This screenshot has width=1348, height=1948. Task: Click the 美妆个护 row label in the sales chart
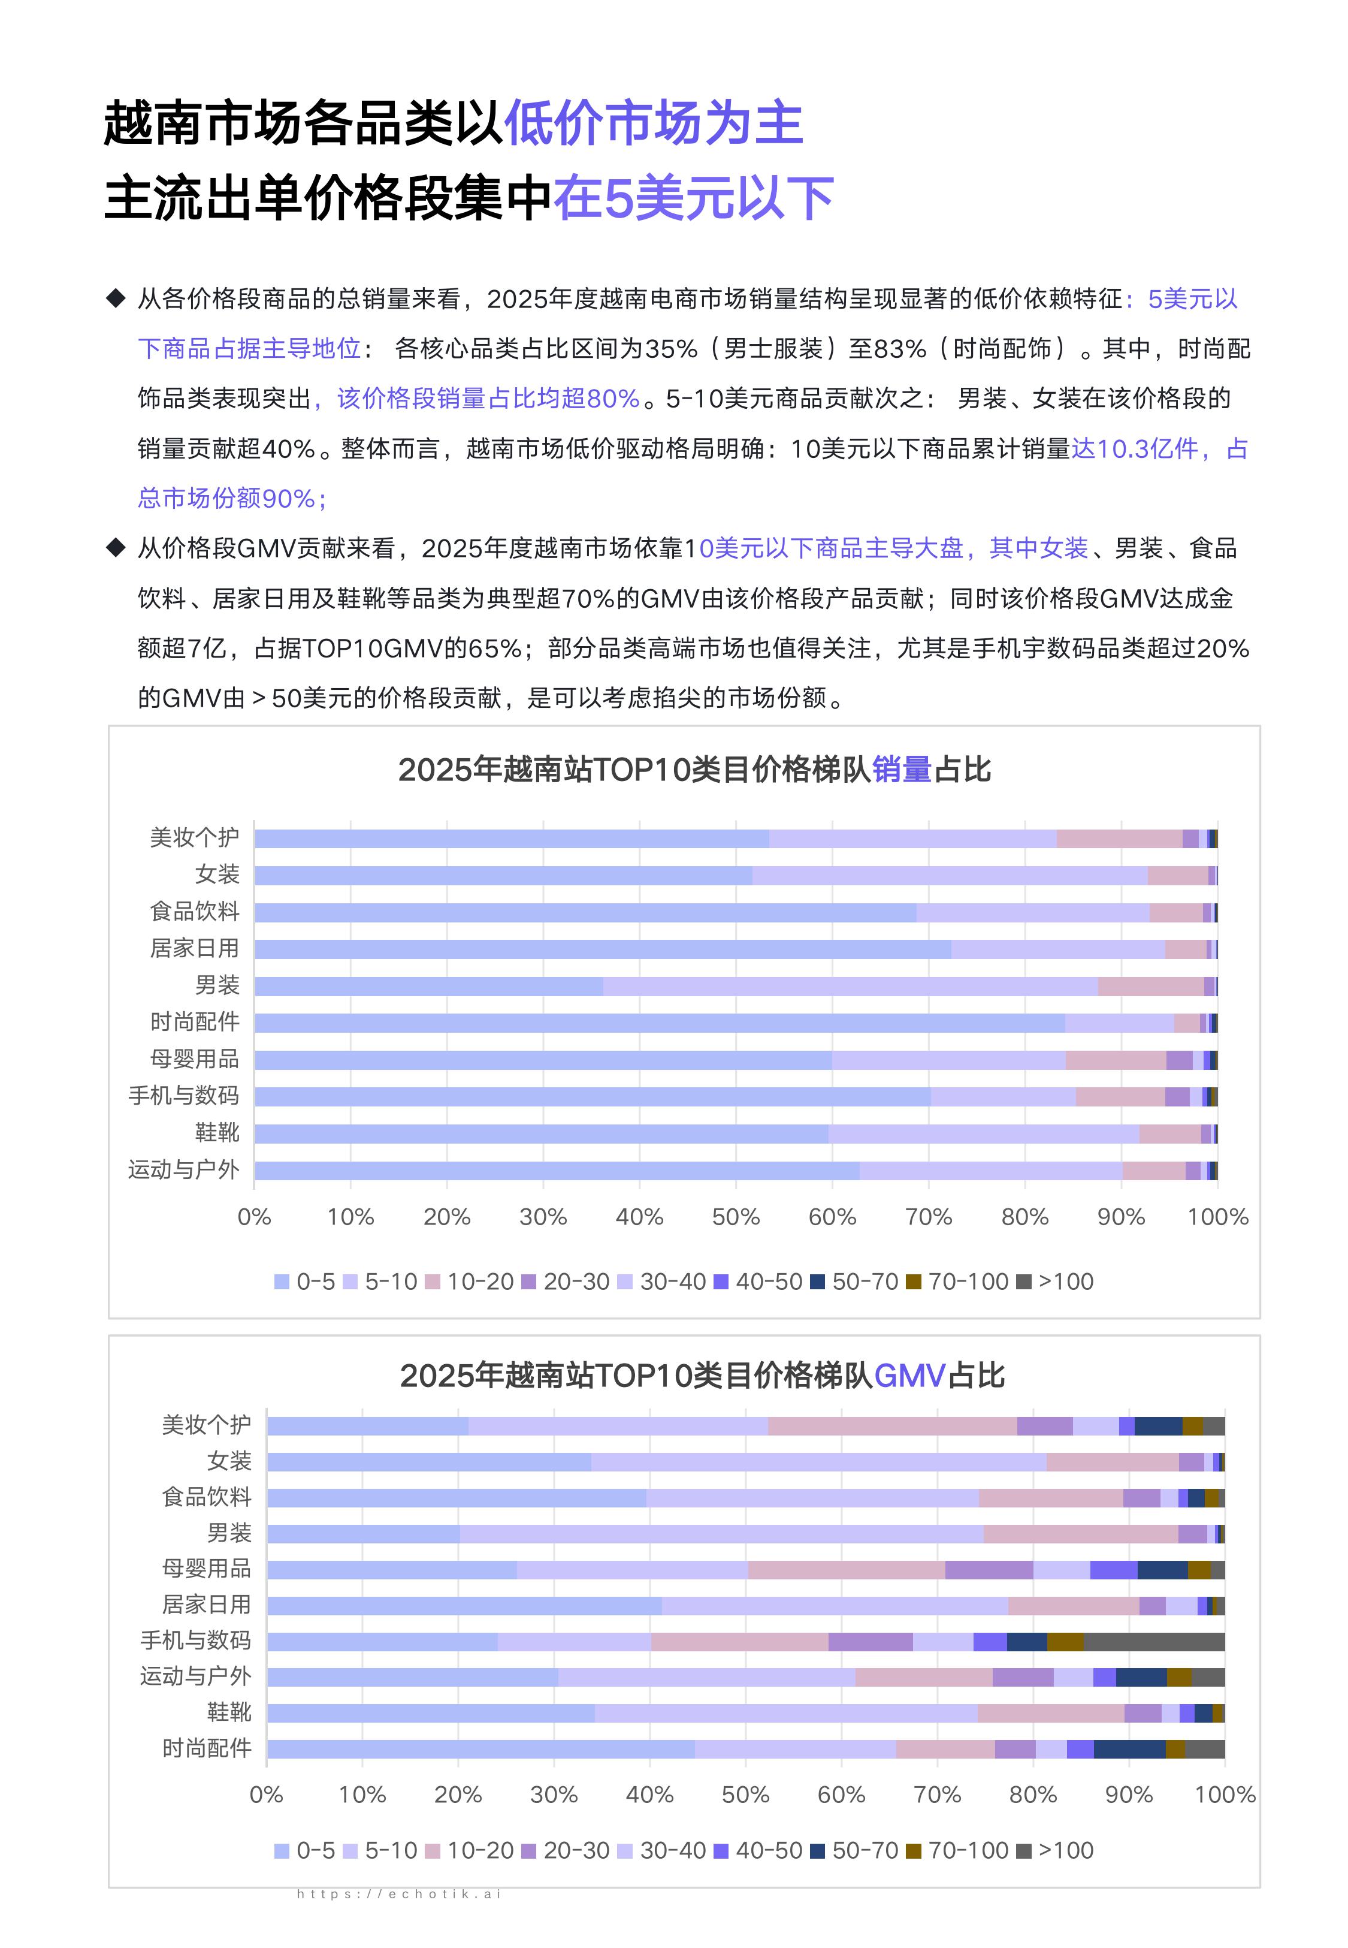[x=194, y=837]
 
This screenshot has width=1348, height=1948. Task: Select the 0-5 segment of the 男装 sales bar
[x=428, y=986]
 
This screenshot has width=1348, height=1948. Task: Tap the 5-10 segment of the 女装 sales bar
[x=950, y=875]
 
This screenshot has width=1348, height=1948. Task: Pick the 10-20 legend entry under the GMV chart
[x=470, y=1851]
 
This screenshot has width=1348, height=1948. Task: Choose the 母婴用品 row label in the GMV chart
[x=206, y=1569]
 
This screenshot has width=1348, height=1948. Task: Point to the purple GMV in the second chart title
[x=909, y=1376]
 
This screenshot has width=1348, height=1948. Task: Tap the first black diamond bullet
[x=116, y=298]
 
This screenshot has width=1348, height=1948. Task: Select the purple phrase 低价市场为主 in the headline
[x=653, y=123]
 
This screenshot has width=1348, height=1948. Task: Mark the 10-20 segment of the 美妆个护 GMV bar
[x=892, y=1426]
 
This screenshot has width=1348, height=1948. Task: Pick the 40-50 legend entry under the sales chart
[x=758, y=1281]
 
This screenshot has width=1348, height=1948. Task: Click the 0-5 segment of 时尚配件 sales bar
[x=659, y=1023]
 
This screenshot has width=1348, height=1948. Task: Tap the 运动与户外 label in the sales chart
[x=183, y=1170]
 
